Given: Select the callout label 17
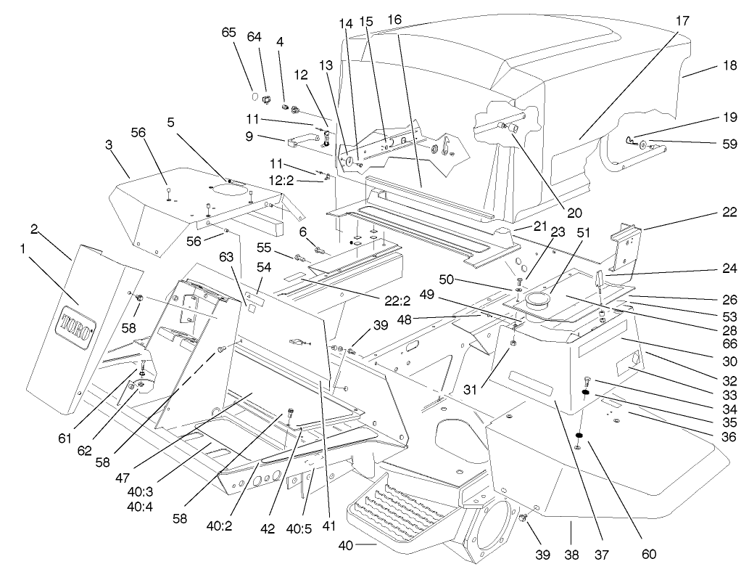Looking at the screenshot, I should click(682, 21).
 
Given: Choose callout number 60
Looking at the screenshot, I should click(648, 554).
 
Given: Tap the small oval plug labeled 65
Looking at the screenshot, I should click(255, 95).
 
